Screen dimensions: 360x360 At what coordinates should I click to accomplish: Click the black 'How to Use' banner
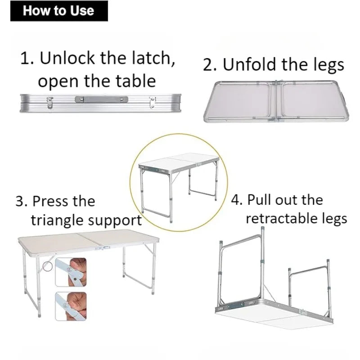coord(59,11)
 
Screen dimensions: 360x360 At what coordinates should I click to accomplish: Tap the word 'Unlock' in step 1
coord(67,58)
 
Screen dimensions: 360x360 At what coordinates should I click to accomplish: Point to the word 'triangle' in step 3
coord(58,220)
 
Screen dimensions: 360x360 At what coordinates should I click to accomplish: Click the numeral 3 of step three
coord(19,201)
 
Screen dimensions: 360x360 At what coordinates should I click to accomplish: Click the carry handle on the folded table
coord(102,99)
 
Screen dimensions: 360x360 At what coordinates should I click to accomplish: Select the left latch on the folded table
coord(50,103)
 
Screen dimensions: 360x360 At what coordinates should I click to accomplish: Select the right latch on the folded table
coord(153,102)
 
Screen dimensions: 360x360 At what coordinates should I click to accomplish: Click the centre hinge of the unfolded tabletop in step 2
coord(276,101)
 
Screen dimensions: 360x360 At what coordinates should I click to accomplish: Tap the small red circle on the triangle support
coord(48,266)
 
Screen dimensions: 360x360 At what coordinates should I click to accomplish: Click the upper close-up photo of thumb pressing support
coord(71,272)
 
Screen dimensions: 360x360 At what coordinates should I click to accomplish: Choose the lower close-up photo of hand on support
coord(71,306)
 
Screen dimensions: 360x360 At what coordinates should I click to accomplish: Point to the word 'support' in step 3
coord(115,221)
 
